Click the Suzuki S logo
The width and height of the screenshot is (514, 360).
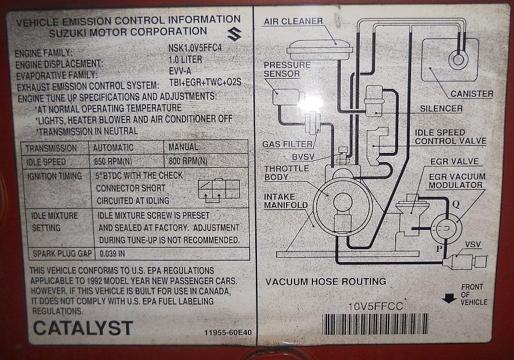point(234,35)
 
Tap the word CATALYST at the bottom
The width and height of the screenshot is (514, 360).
point(83,328)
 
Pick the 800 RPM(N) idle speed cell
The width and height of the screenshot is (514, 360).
point(188,162)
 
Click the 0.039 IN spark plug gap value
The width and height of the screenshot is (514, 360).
point(113,253)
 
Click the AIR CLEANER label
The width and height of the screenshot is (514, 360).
point(293,22)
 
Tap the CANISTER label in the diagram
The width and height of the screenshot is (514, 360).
point(471,94)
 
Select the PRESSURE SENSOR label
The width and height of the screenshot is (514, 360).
point(282,70)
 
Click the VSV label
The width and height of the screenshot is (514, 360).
point(473,245)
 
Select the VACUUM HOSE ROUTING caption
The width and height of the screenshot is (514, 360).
point(325,282)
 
